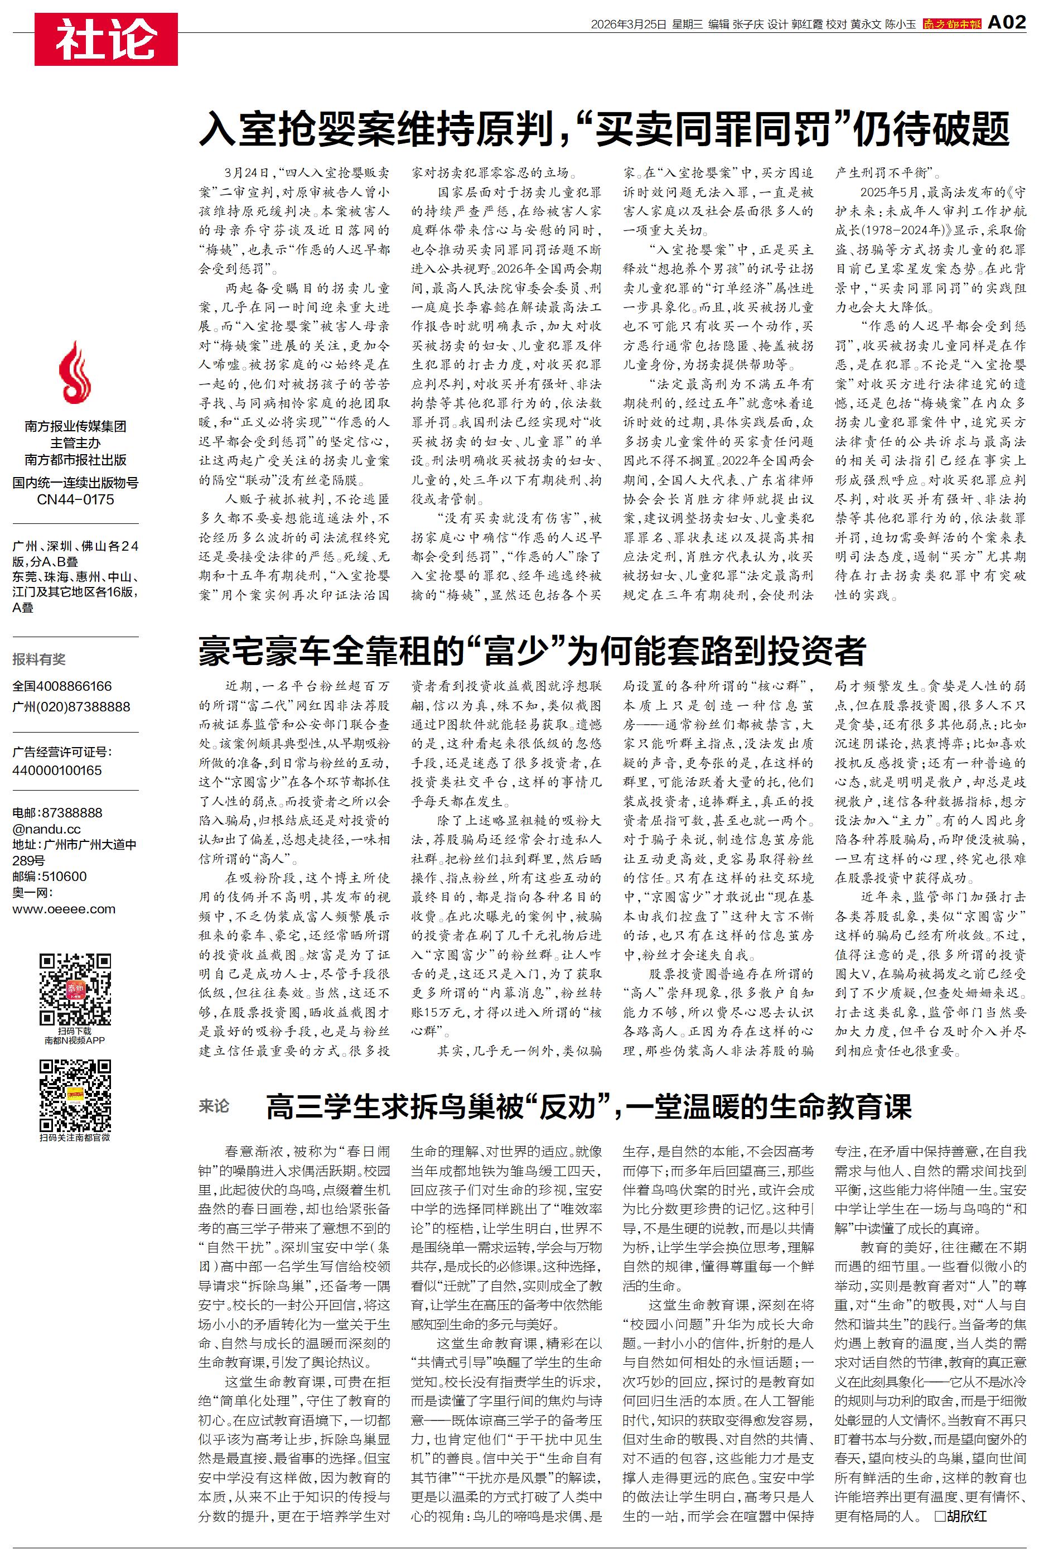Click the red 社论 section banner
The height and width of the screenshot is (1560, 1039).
(x=106, y=39)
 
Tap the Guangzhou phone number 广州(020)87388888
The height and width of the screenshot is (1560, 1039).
(x=71, y=706)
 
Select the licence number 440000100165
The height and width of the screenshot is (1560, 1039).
(x=57, y=770)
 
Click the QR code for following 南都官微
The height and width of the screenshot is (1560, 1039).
(x=75, y=1095)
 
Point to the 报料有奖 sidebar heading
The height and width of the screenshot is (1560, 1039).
(x=39, y=659)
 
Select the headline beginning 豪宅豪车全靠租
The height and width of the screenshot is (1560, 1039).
(x=532, y=650)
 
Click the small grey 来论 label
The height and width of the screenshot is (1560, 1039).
(x=214, y=1105)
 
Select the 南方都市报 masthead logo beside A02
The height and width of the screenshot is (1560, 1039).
(x=951, y=24)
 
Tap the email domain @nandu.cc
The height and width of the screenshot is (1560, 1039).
(x=46, y=829)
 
